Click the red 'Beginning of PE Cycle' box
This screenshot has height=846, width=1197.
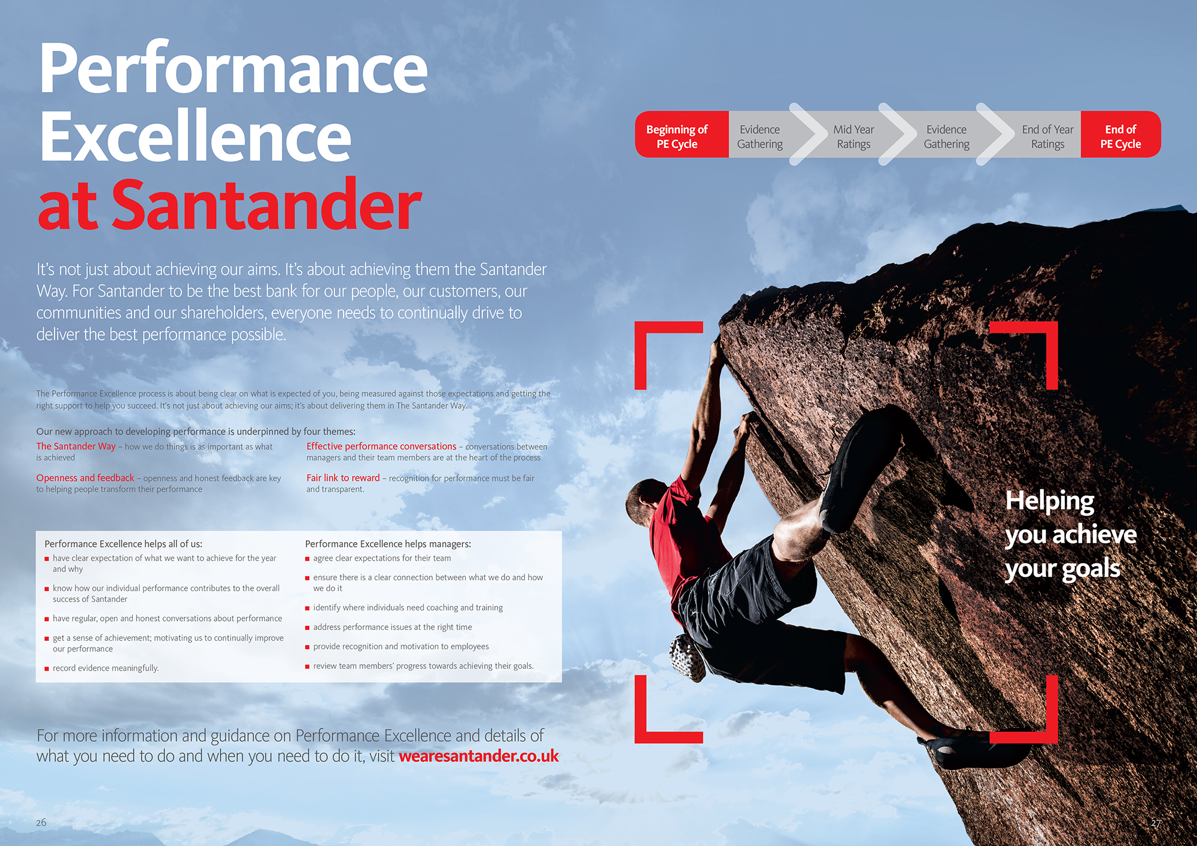click(682, 135)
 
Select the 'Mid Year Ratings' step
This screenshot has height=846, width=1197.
click(853, 136)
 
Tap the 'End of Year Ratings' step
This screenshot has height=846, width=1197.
click(1047, 136)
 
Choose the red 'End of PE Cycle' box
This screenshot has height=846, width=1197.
click(1120, 135)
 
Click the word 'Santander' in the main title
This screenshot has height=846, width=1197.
click(267, 205)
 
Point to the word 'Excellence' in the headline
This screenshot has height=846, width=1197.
click(195, 136)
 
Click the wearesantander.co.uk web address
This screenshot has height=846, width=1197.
click(479, 756)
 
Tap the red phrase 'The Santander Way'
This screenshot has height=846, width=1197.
click(76, 446)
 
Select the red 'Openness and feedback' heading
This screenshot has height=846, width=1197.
click(85, 478)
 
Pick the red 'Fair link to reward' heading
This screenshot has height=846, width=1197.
click(343, 478)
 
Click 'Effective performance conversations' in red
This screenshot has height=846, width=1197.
click(381, 446)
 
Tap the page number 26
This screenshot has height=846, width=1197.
click(41, 823)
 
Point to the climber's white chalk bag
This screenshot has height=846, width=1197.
click(688, 657)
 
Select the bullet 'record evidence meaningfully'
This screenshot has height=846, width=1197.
click(105, 668)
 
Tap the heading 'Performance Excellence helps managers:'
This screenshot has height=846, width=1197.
click(388, 544)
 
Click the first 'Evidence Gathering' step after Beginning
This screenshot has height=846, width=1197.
click(759, 136)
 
